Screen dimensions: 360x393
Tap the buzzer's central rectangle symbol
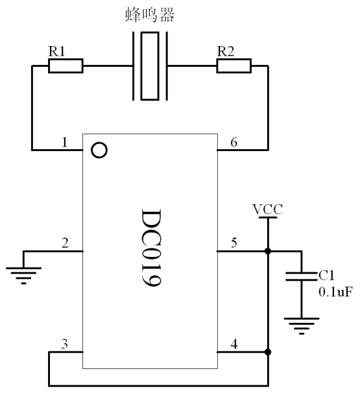[x=150, y=66]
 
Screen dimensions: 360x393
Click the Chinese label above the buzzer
[x=150, y=14]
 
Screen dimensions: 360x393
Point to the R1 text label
[x=56, y=51]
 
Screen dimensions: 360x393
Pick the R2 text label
[x=226, y=51]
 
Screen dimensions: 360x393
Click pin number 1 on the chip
[x=65, y=142]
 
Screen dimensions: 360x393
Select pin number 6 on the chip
[x=234, y=142]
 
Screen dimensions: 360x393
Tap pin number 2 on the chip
[x=65, y=243]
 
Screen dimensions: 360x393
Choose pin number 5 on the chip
[x=234, y=243]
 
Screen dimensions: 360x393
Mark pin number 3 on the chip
[x=65, y=344]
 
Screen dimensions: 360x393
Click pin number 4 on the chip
[x=234, y=344]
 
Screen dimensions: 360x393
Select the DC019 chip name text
[x=151, y=247]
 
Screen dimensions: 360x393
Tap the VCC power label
[x=268, y=209]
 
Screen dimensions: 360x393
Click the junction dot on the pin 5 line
[x=268, y=251]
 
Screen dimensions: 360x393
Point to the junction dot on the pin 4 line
[x=268, y=352]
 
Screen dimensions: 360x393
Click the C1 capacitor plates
[x=302, y=276]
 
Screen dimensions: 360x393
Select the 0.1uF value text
[x=336, y=292]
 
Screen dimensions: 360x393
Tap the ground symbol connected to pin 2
[x=23, y=276]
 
